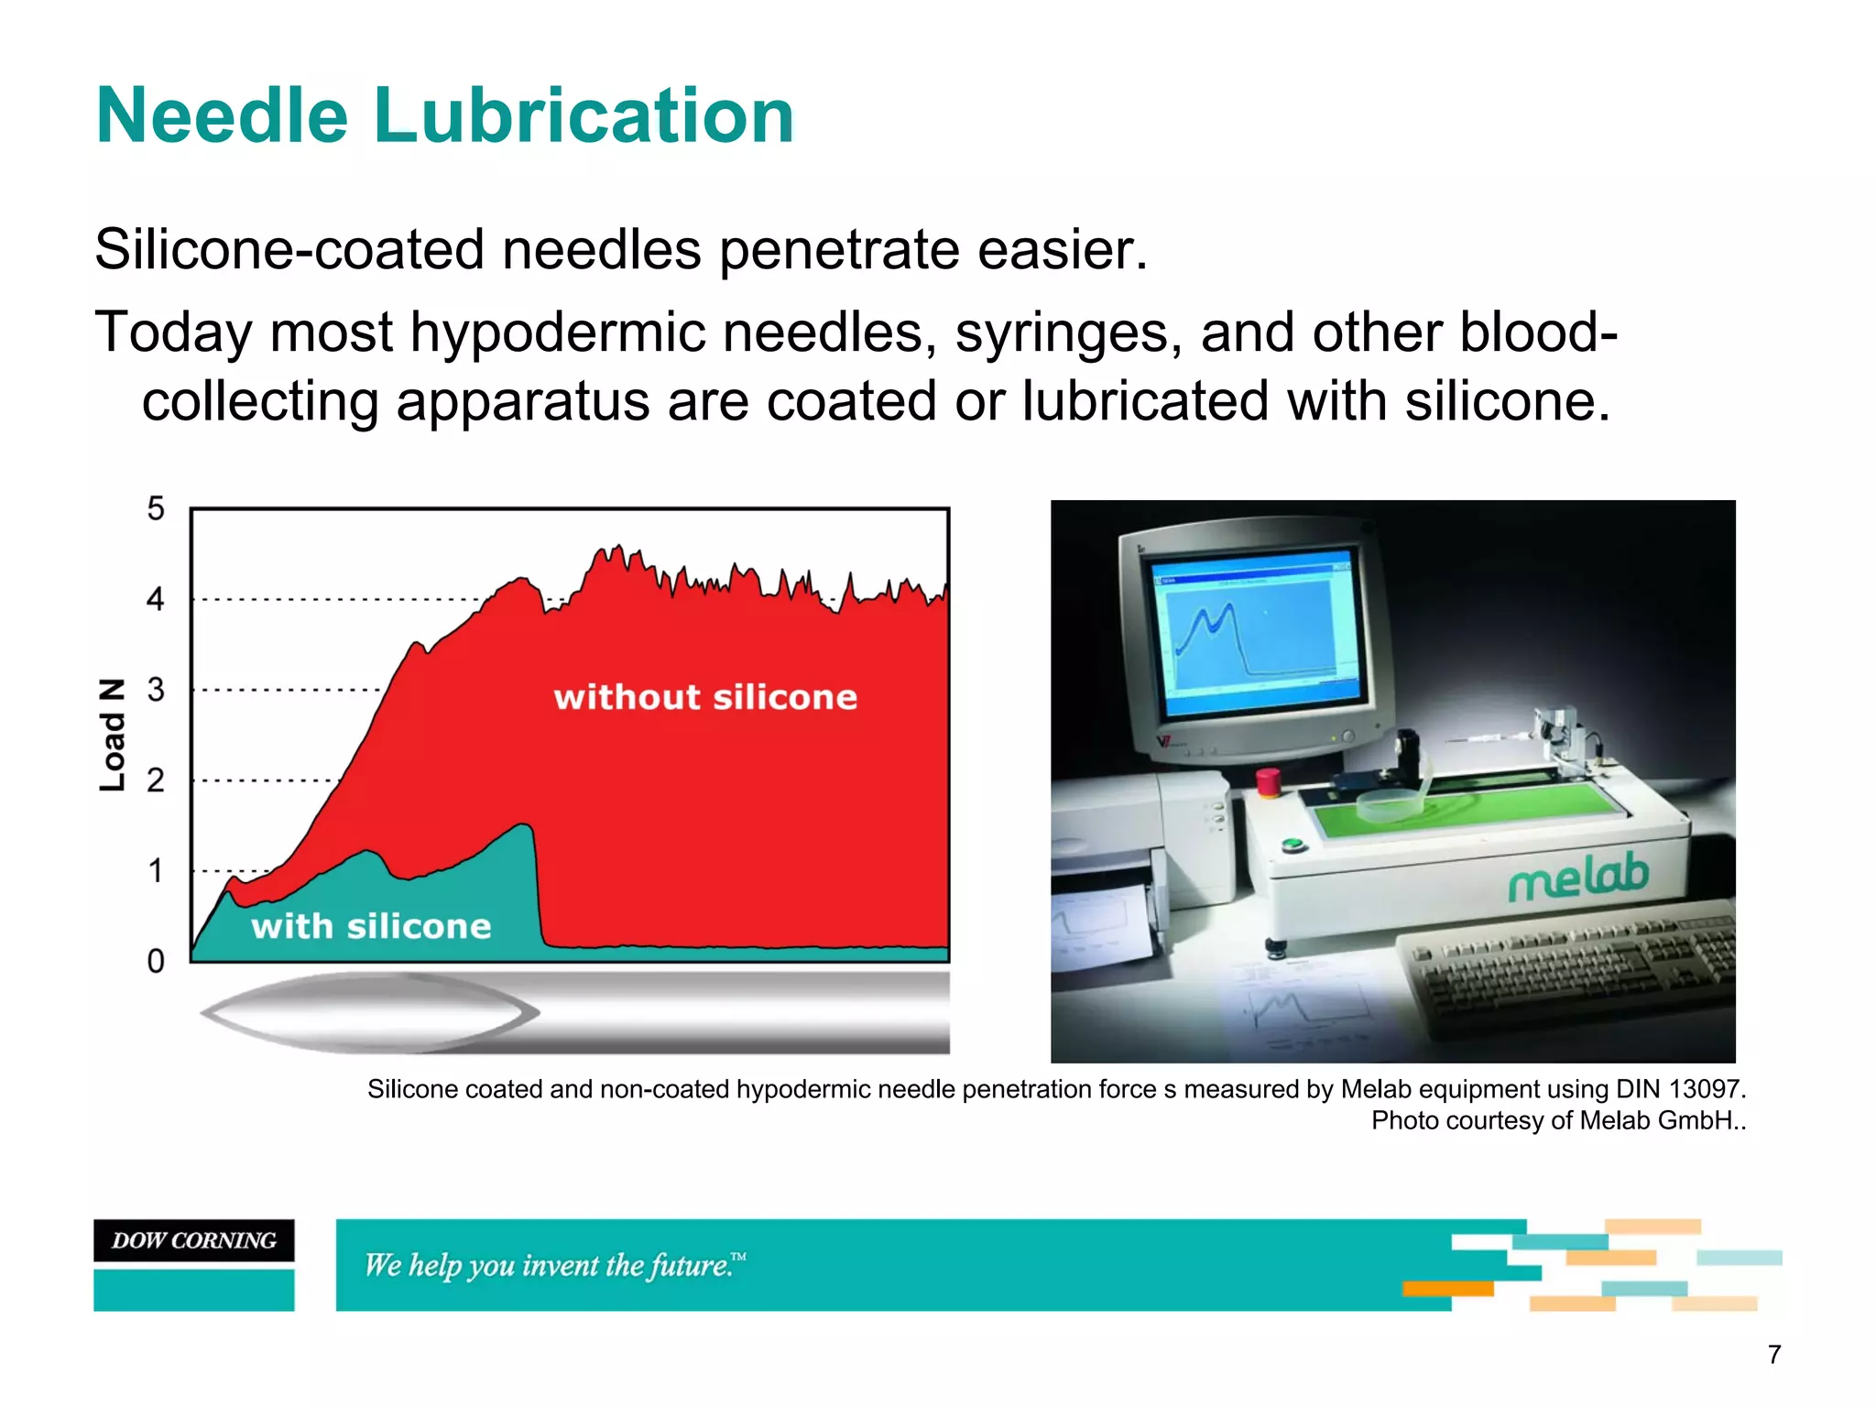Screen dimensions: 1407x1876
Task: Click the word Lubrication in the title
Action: click(584, 116)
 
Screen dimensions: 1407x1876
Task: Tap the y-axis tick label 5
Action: click(156, 509)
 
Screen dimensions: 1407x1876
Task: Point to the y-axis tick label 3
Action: click(156, 690)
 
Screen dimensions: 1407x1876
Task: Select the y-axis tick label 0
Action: click(156, 961)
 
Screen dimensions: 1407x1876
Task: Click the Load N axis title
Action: click(112, 735)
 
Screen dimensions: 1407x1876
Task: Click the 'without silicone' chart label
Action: click(704, 698)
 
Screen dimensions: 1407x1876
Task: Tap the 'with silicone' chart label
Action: click(371, 926)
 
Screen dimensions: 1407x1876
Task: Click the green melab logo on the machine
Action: click(1578, 877)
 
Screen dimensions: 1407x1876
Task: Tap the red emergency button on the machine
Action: click(1268, 781)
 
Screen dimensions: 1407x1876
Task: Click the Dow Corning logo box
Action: click(194, 1240)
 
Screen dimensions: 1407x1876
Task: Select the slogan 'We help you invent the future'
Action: click(554, 1266)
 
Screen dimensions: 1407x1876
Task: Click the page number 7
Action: click(1774, 1354)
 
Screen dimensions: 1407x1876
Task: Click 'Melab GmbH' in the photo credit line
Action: click(1654, 1120)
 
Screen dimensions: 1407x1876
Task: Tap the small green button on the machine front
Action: click(1292, 845)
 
